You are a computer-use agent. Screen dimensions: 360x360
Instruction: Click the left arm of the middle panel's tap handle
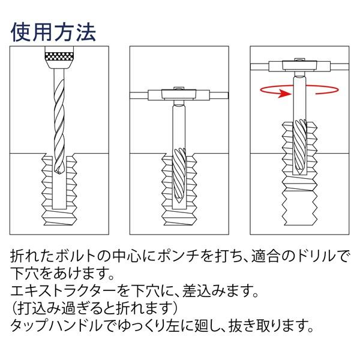(143, 94)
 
